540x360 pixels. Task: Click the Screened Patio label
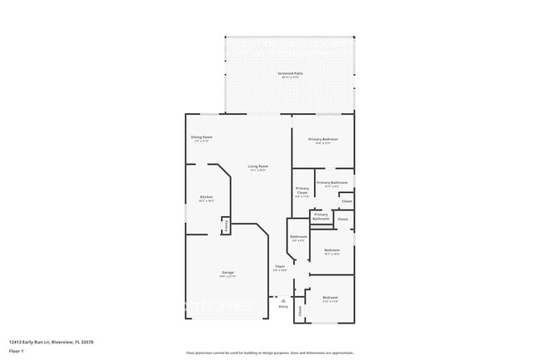coord(289,74)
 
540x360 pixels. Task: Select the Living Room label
coord(258,166)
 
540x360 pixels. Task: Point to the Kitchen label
coord(206,198)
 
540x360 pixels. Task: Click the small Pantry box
coord(225,227)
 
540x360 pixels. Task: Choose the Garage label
coord(227,273)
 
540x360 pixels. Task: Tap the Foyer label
coord(280,266)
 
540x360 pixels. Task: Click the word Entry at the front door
coord(283,306)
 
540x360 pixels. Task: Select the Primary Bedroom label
coord(322,139)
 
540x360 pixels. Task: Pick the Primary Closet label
coord(302,190)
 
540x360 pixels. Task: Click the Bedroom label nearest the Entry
coord(330,297)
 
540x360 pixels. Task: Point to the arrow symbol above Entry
coord(283,299)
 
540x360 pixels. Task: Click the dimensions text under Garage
coord(227,277)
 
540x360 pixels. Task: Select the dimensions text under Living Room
coord(258,170)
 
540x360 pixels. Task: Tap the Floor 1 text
coord(15,350)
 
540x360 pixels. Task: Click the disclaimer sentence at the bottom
coord(269,353)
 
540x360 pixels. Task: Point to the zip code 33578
coord(86,341)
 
